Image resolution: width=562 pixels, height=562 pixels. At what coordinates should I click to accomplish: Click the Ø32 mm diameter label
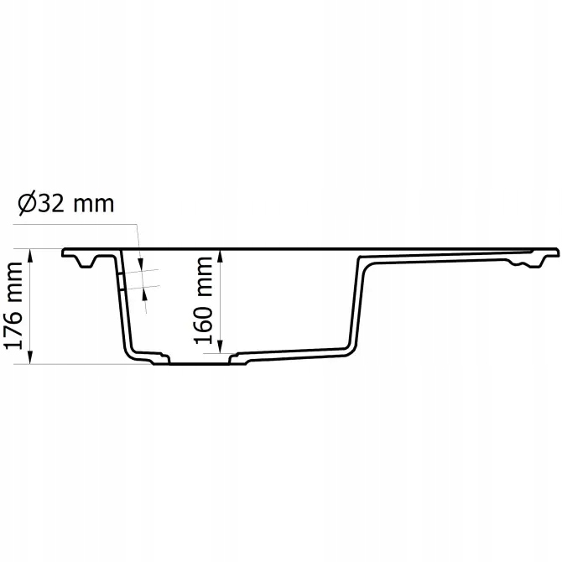coord(64,203)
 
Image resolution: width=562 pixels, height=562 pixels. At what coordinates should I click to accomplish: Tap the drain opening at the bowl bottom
coord(200,363)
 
